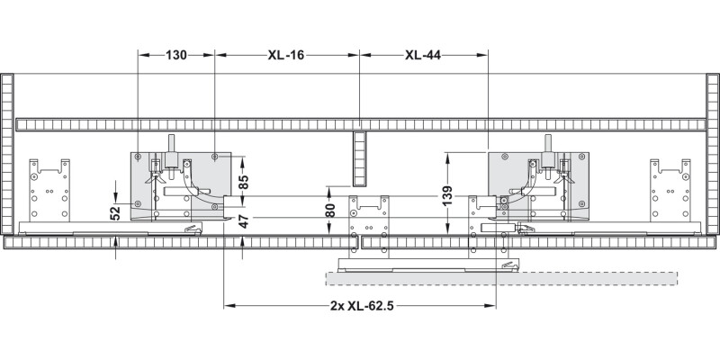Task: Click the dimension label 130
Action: click(x=175, y=55)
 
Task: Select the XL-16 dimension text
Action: click(x=286, y=55)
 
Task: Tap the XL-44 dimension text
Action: click(x=423, y=55)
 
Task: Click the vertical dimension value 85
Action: click(x=244, y=180)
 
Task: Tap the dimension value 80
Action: click(x=330, y=211)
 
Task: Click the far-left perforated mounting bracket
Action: click(x=49, y=190)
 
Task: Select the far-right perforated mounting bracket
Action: click(x=671, y=190)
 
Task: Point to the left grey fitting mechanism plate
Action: click(x=180, y=184)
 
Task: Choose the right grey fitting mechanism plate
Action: click(x=538, y=184)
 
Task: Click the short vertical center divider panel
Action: click(x=359, y=158)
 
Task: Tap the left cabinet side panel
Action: click(x=9, y=153)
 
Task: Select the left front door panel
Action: click(x=180, y=243)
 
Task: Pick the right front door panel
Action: click(x=540, y=243)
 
